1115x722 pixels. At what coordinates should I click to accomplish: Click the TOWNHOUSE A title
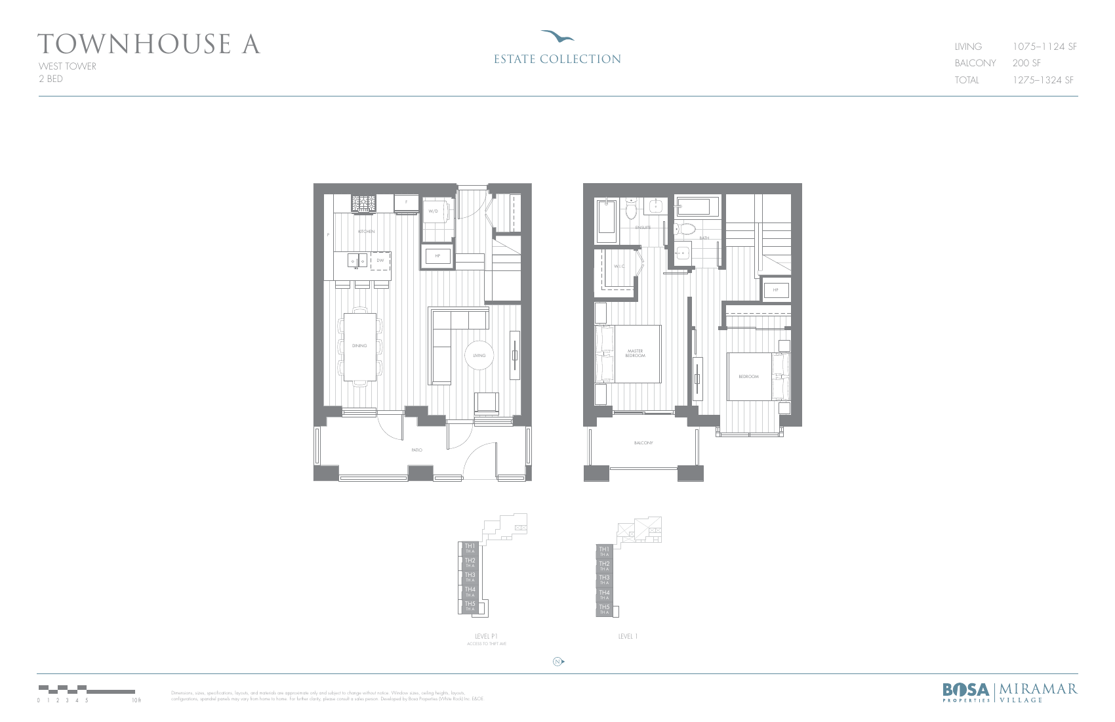click(149, 45)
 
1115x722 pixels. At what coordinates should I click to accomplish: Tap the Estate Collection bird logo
click(557, 36)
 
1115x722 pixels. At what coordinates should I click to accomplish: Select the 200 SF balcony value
click(1026, 63)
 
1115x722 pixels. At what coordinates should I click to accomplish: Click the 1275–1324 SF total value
click(1043, 80)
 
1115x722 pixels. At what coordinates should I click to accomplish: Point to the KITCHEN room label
click(366, 232)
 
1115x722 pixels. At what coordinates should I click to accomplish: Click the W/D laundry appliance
click(434, 211)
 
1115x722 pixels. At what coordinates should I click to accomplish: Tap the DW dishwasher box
click(380, 261)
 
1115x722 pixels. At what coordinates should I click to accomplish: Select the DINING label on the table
click(359, 346)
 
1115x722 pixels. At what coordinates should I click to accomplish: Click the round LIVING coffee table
click(479, 356)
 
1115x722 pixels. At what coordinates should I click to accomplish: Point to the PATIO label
click(416, 450)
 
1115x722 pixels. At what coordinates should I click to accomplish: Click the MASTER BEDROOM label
click(635, 353)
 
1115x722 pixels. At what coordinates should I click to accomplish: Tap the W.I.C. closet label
click(619, 266)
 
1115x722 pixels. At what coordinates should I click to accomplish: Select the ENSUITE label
click(643, 228)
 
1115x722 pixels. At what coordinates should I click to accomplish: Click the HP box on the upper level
click(775, 290)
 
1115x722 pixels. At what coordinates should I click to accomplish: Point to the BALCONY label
click(643, 443)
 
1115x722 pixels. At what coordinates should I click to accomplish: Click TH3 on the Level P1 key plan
click(470, 576)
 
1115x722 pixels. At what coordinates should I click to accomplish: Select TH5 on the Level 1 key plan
click(604, 608)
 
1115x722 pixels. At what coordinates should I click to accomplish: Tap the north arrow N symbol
click(557, 662)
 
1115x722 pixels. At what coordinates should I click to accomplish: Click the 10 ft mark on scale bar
click(135, 700)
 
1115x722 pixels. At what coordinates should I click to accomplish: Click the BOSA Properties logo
click(966, 692)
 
